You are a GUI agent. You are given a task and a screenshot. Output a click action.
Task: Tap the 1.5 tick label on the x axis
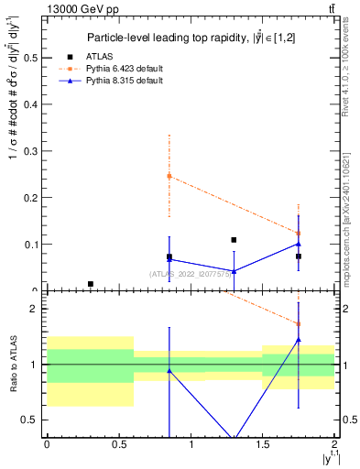point(263,444)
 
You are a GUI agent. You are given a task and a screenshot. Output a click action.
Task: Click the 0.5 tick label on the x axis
point(119,444)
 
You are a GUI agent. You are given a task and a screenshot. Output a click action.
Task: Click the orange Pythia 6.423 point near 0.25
point(169,176)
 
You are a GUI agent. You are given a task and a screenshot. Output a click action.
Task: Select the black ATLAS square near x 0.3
point(90,284)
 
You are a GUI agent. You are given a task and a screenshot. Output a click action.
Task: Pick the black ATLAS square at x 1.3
point(235,240)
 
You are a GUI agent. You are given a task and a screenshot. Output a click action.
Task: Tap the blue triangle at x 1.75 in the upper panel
point(299,244)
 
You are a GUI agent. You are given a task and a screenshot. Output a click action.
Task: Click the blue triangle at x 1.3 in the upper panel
point(235,271)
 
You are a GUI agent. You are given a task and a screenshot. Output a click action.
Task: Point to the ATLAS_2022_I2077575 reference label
point(193,273)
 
